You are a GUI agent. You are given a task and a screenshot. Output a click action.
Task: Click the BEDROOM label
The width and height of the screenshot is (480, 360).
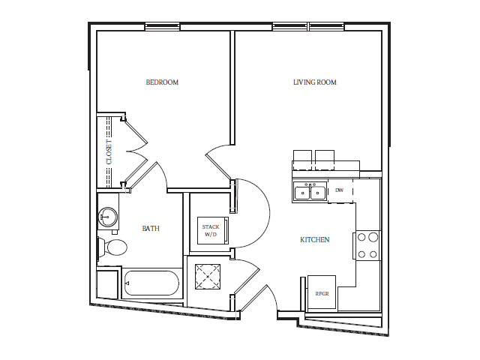point(162,82)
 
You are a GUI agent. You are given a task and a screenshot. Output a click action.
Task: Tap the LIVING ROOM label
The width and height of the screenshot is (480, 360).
point(315,82)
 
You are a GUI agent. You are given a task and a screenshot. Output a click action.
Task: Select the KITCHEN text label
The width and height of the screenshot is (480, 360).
point(315,240)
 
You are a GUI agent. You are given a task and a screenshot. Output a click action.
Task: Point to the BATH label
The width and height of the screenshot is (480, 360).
point(151,228)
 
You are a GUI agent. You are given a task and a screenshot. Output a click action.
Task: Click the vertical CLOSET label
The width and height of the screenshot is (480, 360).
point(109,151)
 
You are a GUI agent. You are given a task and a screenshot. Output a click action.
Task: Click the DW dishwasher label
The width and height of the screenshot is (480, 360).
point(339,190)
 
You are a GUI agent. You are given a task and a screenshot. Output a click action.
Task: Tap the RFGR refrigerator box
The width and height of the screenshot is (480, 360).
point(322,292)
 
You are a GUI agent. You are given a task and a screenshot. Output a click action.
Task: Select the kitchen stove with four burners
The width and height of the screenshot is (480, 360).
point(367,245)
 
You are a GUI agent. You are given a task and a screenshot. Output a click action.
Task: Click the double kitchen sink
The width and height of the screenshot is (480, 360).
point(310,191)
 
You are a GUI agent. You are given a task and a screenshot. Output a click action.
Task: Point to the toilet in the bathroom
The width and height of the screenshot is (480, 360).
point(112,247)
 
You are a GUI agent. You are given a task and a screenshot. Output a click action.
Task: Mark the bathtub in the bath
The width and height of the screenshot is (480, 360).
point(151,283)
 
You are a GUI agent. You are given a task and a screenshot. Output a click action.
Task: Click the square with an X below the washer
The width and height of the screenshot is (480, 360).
point(207,276)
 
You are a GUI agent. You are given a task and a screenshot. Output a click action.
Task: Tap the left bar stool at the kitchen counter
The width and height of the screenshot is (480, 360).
point(302,160)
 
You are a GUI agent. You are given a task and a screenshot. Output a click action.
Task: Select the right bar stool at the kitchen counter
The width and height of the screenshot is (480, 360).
point(325,160)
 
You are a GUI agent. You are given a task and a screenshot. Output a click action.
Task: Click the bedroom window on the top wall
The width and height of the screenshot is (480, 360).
point(163,27)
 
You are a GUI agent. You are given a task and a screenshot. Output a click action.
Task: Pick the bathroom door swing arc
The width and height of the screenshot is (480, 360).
point(159,175)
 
